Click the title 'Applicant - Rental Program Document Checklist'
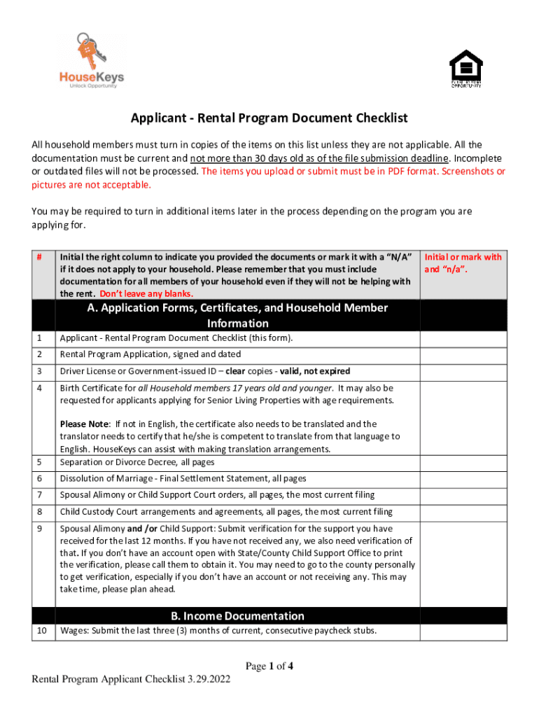269,118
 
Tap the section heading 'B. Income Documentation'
238,615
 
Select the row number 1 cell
40,338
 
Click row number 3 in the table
40,371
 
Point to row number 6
40,479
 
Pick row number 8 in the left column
40,512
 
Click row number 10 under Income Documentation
42,631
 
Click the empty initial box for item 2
463,355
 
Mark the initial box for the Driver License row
463,371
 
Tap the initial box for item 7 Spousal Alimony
463,496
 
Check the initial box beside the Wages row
463,631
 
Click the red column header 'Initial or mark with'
463,257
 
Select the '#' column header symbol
40,257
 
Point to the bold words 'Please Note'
85,424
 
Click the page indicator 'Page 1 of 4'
269,667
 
